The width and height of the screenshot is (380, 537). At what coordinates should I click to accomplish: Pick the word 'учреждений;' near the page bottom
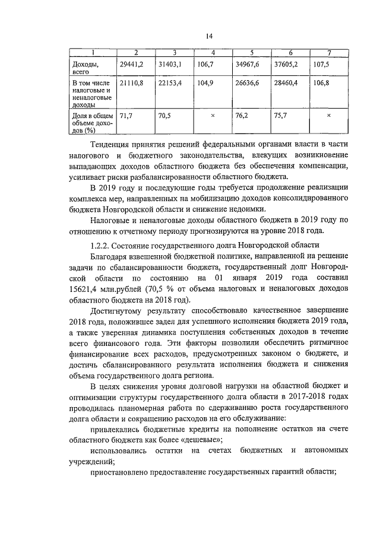coord(92,460)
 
